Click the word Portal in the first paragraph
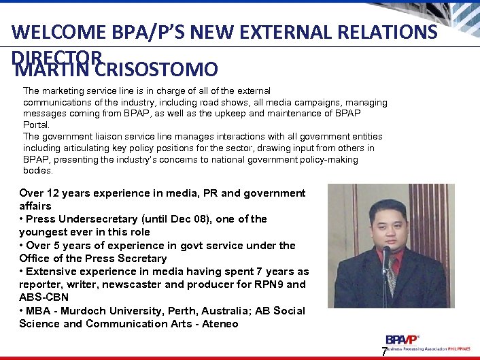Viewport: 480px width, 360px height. pyautogui.click(x=36, y=125)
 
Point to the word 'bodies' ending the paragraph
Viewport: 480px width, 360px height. pyautogui.click(x=37, y=171)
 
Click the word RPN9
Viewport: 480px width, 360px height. pyautogui.click(x=271, y=284)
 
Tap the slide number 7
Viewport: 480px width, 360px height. pyautogui.click(x=384, y=352)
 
